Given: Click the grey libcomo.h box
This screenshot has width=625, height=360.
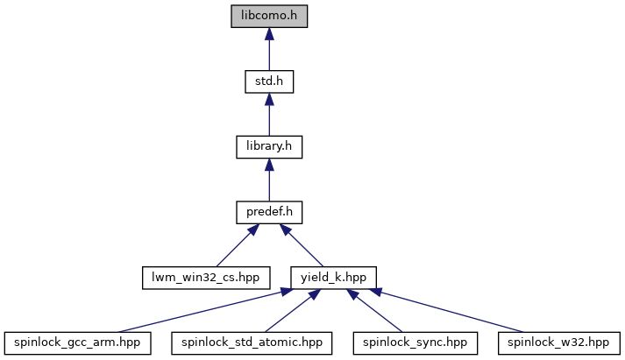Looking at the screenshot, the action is (269, 17).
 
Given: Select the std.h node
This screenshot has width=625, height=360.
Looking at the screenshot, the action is (269, 81).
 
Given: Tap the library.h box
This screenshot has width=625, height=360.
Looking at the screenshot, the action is (269, 147).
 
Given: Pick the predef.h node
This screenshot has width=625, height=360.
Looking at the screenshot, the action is (269, 212).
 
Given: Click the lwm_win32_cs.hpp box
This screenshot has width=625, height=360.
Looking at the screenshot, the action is (206, 278).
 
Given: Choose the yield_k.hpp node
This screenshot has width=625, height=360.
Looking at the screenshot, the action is (333, 278).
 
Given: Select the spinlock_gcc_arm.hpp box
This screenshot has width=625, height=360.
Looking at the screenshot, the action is (78, 342).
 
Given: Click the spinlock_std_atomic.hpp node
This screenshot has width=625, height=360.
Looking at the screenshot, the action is (252, 342).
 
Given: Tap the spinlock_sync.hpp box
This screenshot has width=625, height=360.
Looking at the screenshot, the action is (415, 342).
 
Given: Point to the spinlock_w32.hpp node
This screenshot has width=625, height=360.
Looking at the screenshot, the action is (559, 342).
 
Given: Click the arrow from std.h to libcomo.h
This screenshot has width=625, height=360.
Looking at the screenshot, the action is (269, 49).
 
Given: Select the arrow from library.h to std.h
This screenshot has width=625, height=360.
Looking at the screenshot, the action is (269, 115).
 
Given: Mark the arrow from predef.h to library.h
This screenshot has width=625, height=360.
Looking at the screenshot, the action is (269, 180).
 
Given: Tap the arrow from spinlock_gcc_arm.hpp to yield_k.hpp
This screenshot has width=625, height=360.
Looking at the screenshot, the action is (206, 311).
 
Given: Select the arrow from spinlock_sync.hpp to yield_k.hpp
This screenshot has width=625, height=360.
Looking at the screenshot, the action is (374, 311).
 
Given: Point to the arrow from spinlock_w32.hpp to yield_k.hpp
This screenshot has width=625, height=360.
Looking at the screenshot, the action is (446, 311).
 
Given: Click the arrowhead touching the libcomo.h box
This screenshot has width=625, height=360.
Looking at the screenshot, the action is (269, 34).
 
